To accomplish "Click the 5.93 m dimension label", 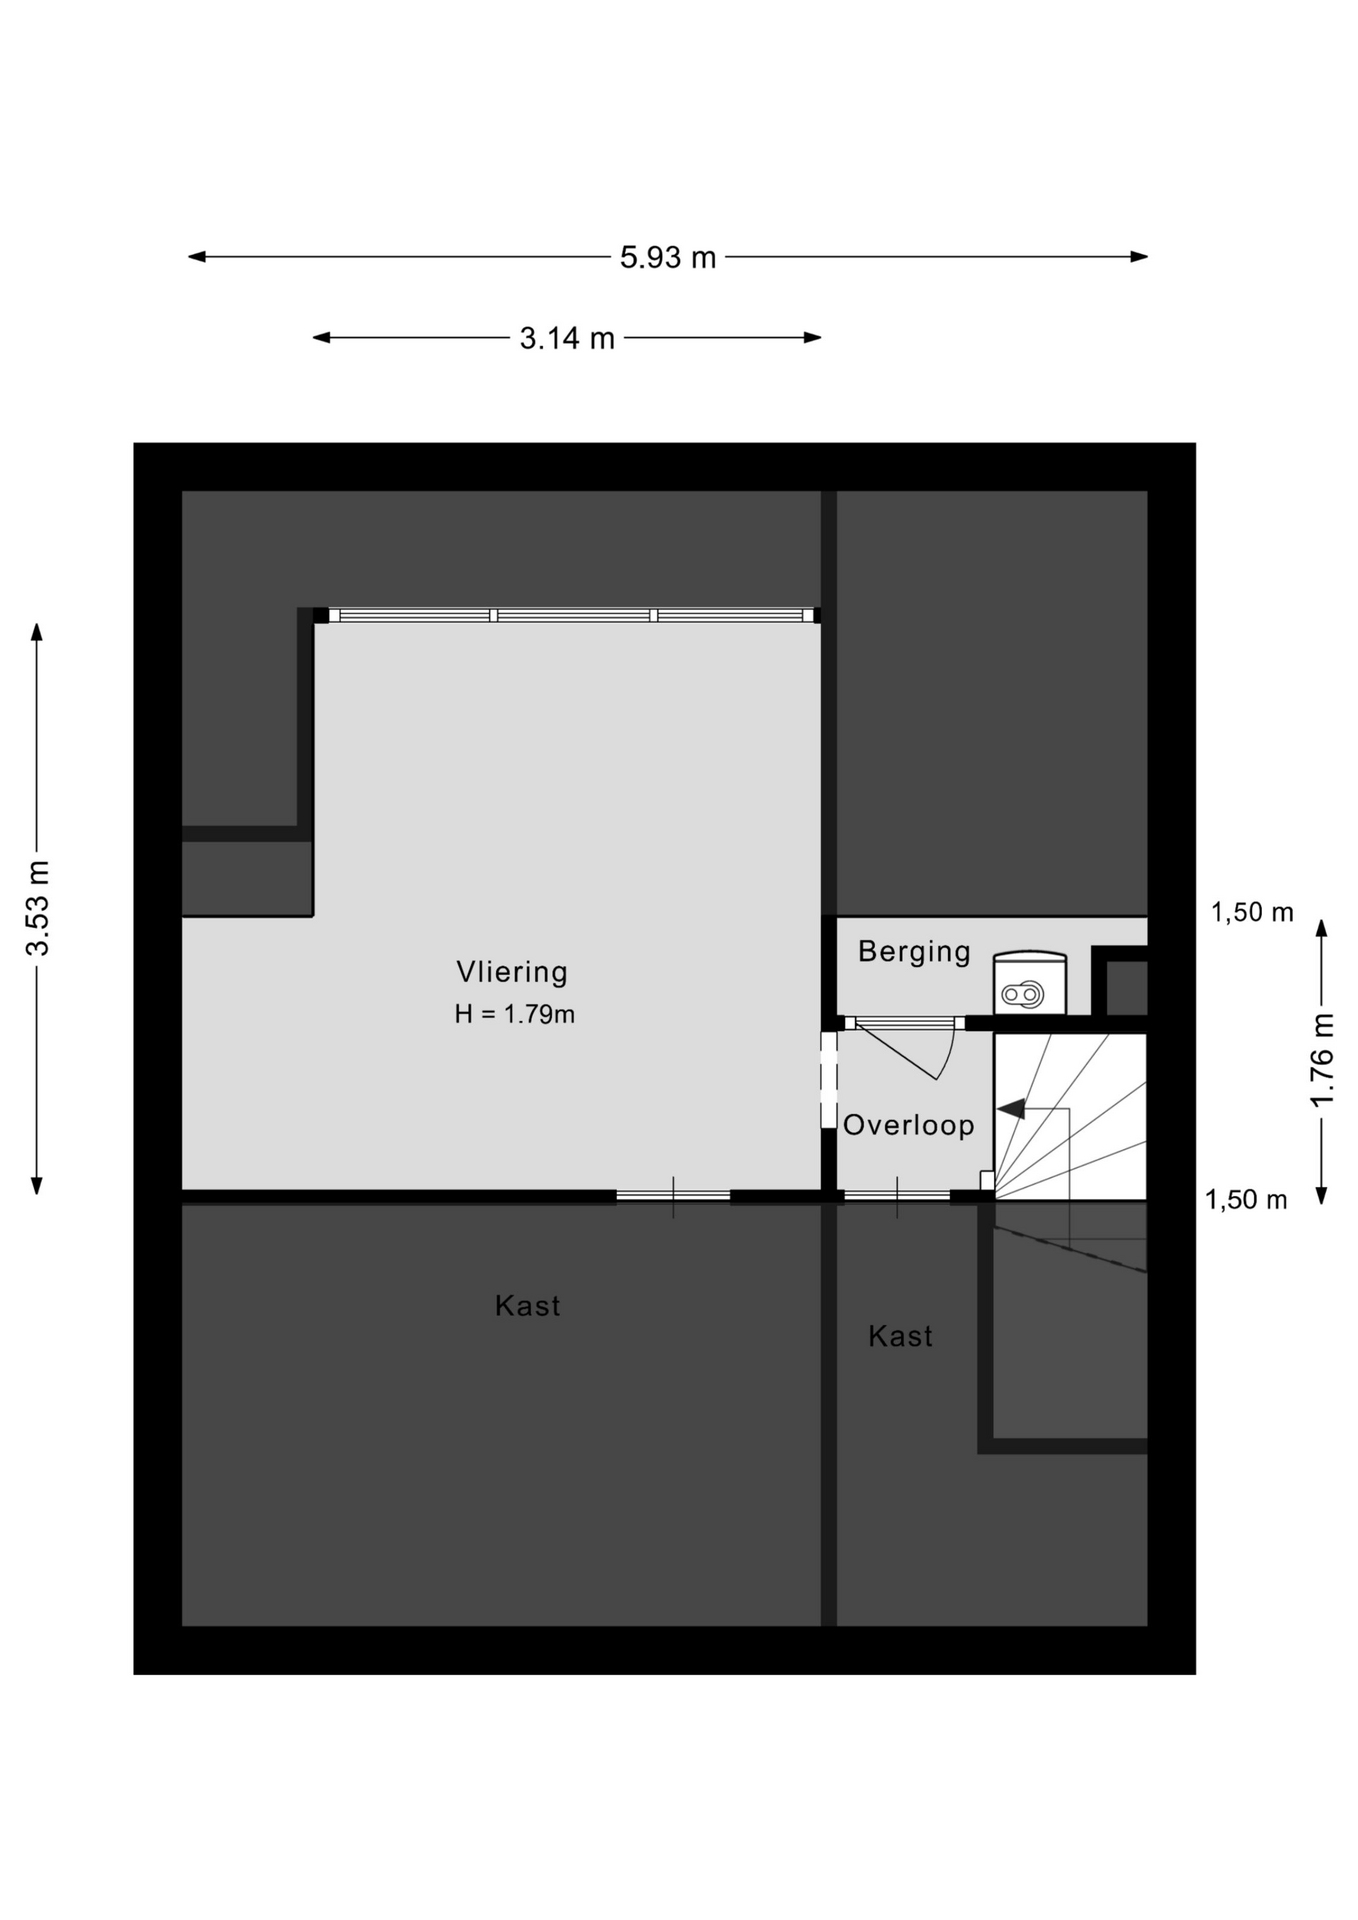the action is click(x=668, y=258).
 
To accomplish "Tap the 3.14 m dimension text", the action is click(x=567, y=339).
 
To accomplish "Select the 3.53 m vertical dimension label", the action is click(x=38, y=908).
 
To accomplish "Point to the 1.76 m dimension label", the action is click(x=1322, y=1060).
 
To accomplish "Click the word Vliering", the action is click(x=512, y=972).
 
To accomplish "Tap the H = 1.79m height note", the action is click(x=514, y=1014).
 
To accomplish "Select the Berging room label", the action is click(x=914, y=951).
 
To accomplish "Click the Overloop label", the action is click(x=908, y=1125).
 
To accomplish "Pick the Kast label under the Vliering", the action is click(x=528, y=1306).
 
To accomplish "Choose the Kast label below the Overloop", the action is click(x=900, y=1336).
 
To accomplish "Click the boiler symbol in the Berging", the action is click(x=1029, y=983).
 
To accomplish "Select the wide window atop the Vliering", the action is click(x=566, y=615).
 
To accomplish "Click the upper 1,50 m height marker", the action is click(x=1252, y=912).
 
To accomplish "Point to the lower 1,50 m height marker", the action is click(x=1246, y=1200).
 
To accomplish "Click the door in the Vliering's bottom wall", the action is click(x=673, y=1196).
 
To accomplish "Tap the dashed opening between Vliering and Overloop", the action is click(x=828, y=1080).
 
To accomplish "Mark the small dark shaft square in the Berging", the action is click(x=1127, y=988).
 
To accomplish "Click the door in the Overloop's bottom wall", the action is click(x=897, y=1196).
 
